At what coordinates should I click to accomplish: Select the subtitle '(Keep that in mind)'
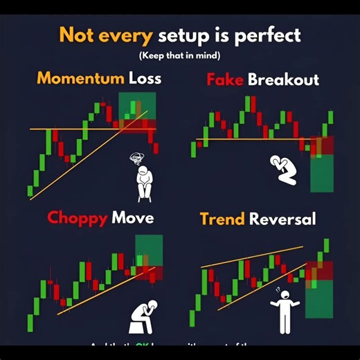[x=180, y=55]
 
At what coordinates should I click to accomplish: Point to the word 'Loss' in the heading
[x=145, y=78]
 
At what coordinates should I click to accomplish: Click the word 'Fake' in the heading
[x=226, y=80]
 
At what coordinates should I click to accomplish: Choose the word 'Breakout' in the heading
[x=284, y=80]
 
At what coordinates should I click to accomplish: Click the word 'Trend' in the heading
[x=222, y=219]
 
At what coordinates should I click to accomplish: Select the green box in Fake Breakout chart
[x=323, y=173]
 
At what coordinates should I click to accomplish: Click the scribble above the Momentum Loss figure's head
[x=136, y=159]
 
